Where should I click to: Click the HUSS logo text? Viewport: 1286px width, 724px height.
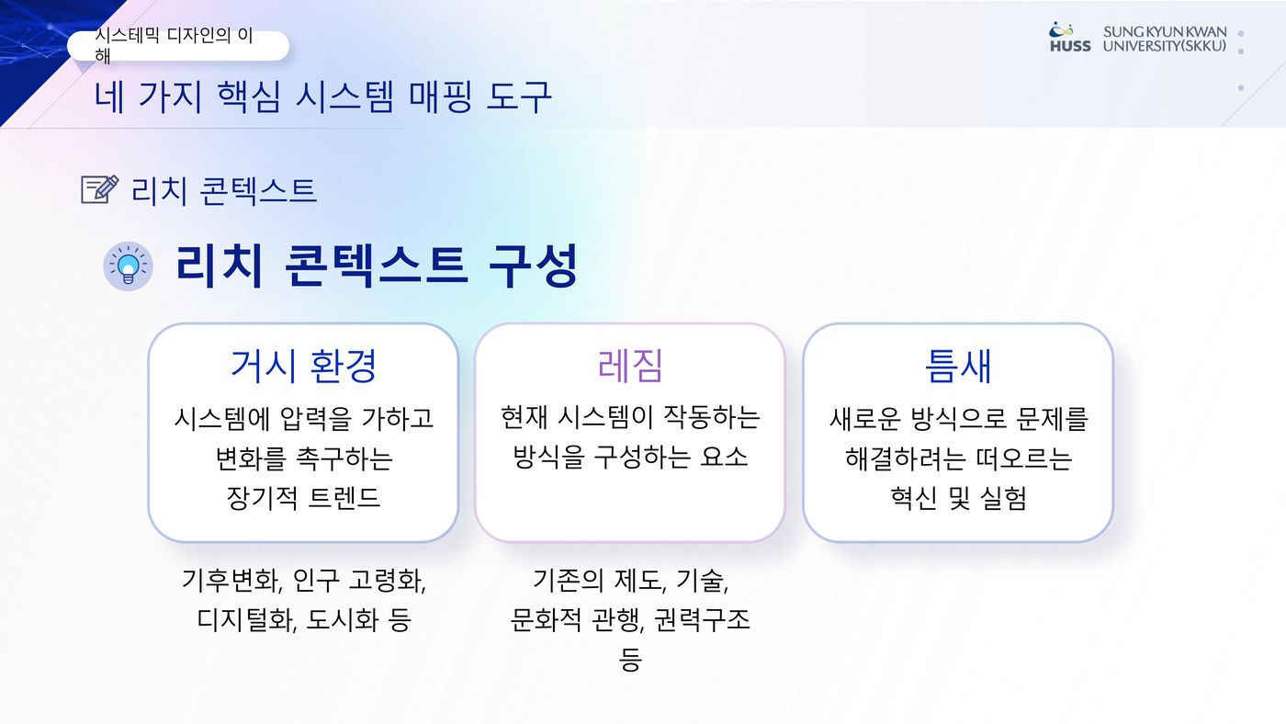point(1070,46)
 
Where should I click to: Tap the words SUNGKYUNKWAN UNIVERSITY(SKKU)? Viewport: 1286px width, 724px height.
point(1164,39)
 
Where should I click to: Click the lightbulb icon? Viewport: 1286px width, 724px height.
point(128,267)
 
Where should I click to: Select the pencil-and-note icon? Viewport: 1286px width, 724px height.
point(100,189)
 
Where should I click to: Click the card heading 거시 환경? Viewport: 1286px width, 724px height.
point(303,366)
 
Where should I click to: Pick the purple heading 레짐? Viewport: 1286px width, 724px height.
point(630,366)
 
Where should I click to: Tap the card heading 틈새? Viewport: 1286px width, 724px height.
point(958,366)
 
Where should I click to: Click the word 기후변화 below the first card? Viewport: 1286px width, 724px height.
point(231,581)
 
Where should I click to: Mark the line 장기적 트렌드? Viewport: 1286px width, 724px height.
point(303,498)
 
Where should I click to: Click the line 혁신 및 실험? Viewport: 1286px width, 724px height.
point(958,498)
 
